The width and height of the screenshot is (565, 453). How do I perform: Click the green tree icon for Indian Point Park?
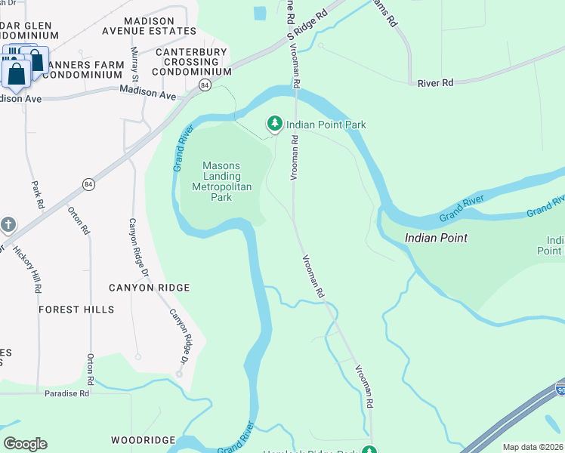[275, 123]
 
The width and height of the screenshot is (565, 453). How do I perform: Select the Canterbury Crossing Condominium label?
[192, 62]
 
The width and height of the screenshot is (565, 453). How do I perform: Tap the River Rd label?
[435, 82]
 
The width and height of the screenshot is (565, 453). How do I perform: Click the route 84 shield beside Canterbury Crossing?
[205, 85]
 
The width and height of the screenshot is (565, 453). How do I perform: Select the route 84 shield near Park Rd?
[89, 184]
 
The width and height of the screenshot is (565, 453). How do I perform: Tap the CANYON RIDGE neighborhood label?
[149, 288]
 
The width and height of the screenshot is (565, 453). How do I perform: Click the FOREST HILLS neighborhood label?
[76, 310]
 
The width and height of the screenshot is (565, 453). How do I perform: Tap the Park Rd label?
[36, 194]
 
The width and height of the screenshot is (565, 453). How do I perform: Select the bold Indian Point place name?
[436, 238]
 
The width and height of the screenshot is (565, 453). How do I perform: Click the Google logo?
[25, 444]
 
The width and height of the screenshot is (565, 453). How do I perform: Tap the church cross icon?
[8, 225]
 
